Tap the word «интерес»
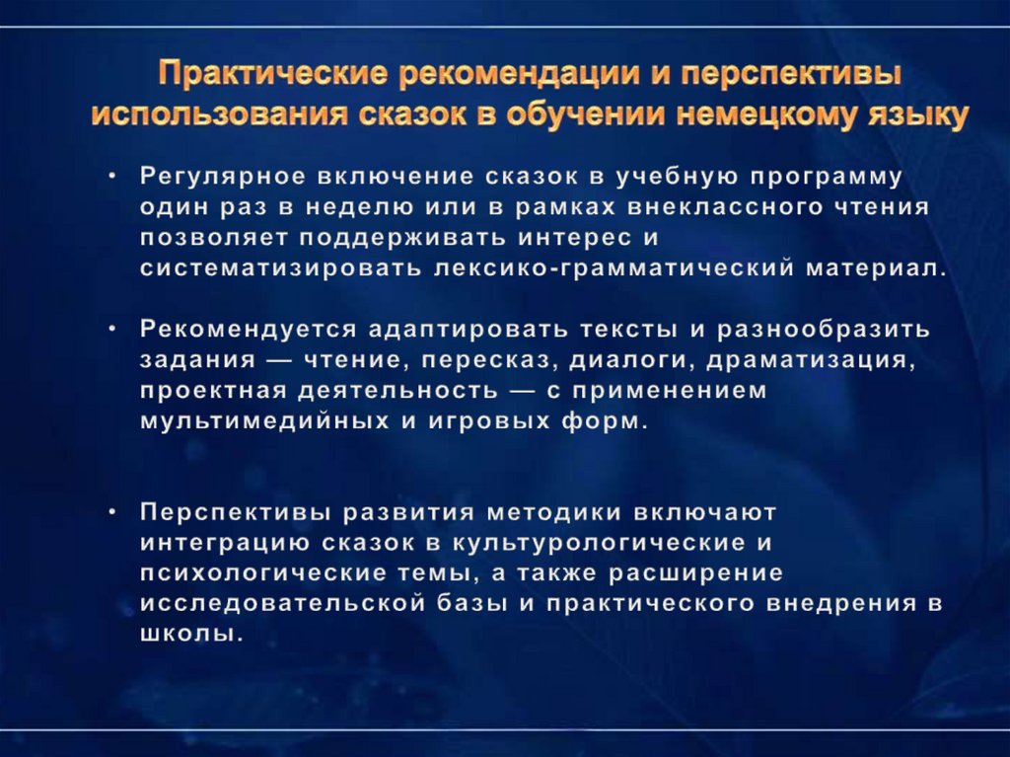(x=552, y=238)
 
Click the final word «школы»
(x=190, y=634)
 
